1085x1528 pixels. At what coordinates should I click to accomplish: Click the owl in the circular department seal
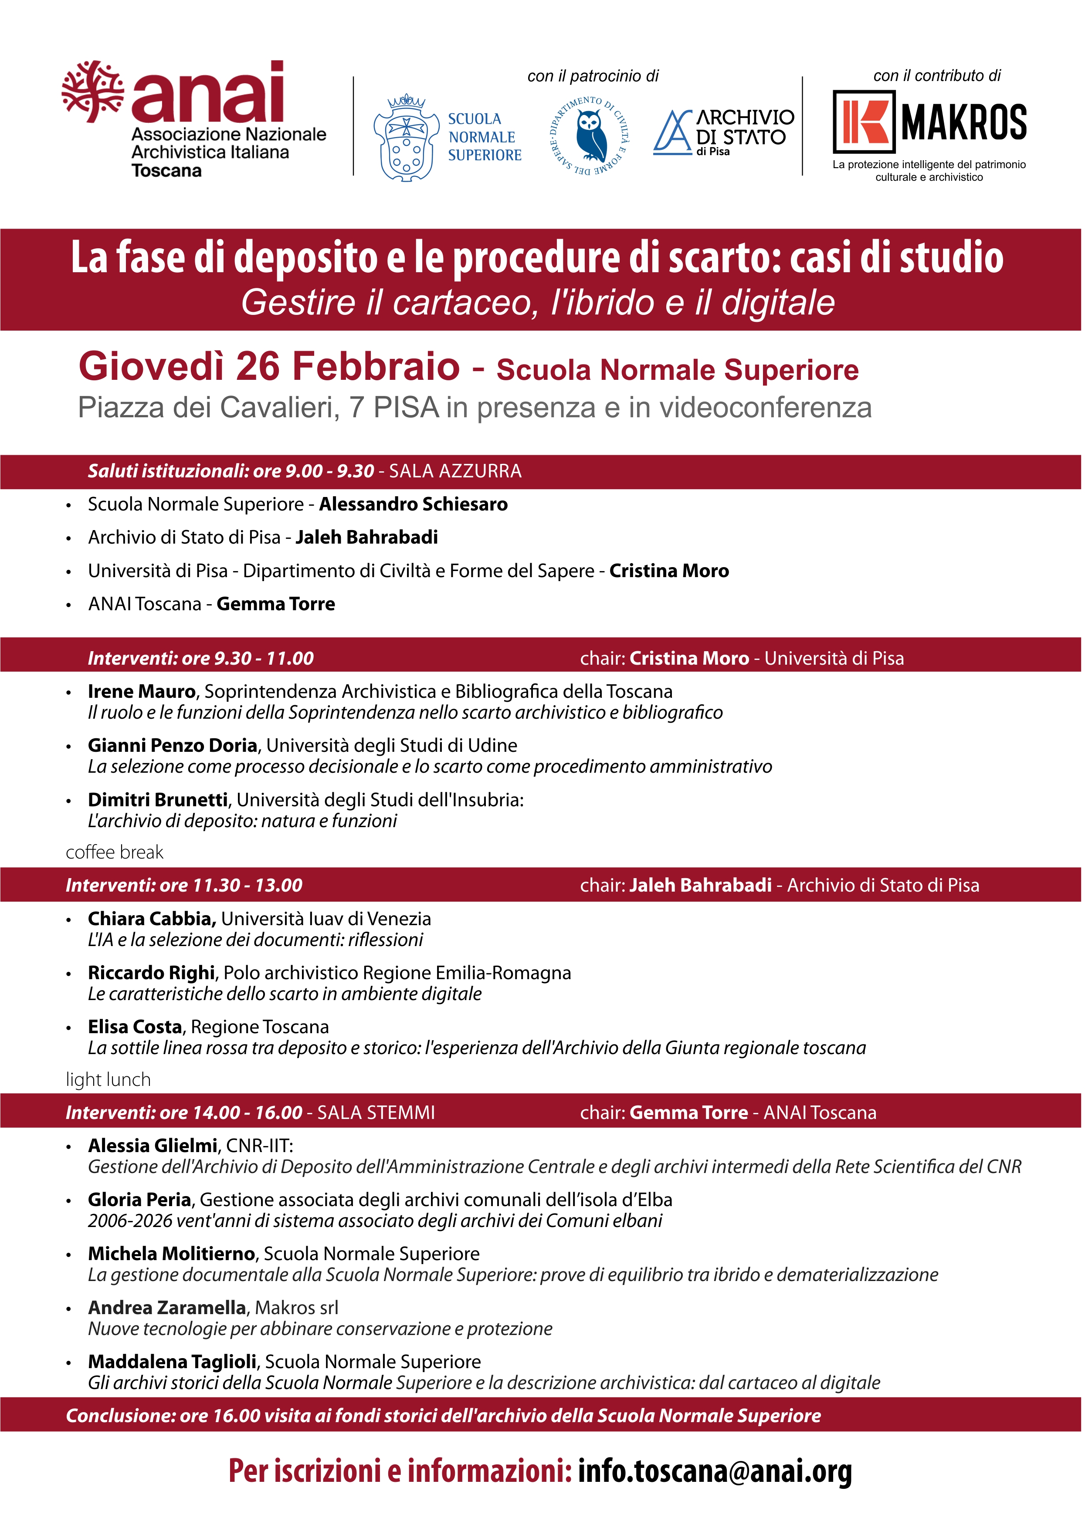pos(591,136)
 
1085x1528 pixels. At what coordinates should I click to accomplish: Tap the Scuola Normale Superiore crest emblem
pos(406,139)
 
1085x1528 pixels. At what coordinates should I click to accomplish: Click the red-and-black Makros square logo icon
pos(864,121)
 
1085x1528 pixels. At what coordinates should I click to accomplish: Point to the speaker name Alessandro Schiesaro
pos(413,504)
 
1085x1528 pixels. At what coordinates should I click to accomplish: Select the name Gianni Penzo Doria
pos(173,745)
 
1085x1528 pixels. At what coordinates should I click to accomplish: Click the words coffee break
pos(114,852)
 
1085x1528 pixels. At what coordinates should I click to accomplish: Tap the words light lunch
pos(108,1079)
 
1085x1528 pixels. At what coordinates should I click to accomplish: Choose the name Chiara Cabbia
pos(152,919)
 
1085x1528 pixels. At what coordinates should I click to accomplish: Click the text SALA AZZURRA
pos(455,471)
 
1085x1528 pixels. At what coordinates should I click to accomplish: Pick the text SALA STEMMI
pos(376,1112)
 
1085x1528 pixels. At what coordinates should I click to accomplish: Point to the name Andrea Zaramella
pos(167,1308)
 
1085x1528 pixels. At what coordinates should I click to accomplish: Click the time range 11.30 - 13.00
pos(247,886)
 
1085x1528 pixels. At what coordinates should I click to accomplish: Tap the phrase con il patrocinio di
pos(593,76)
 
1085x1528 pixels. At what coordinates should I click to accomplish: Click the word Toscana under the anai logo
pos(166,171)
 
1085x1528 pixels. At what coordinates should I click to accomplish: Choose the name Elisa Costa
pos(135,1027)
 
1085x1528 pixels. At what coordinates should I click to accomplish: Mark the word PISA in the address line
pos(406,407)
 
